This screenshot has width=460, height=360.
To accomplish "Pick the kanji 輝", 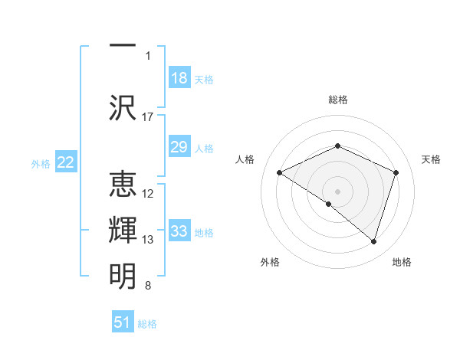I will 123,231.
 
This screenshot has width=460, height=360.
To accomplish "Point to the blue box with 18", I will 179,77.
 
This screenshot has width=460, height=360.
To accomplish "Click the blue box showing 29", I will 179,147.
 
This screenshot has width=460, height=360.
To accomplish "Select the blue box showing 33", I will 179,231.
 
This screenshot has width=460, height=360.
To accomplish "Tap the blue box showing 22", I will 66,162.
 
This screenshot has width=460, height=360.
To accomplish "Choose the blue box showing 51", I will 123,322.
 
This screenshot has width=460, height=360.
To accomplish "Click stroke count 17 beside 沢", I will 148,116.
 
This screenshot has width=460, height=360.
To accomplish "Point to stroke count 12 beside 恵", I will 148,194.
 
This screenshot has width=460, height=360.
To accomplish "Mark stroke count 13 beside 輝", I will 148,240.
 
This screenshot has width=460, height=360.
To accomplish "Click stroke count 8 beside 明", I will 148,286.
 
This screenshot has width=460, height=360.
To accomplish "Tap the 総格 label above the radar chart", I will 338,100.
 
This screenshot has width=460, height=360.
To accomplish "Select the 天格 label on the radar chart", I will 431,159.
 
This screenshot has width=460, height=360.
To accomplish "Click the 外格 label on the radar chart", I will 270,262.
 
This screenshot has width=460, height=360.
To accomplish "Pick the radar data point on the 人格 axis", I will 280,173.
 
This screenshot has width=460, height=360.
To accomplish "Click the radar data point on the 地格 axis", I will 373,241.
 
